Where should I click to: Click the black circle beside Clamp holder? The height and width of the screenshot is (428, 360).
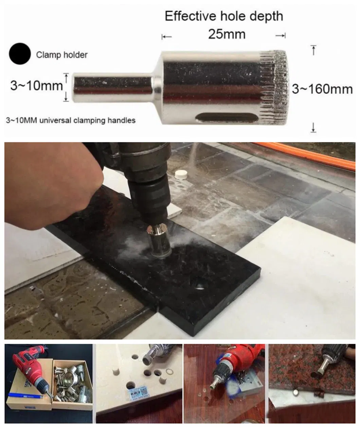pyautogui.click(x=20, y=54)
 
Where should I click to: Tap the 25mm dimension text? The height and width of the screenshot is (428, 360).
pyautogui.click(x=227, y=34)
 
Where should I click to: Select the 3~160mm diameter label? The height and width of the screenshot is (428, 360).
pyautogui.click(x=322, y=89)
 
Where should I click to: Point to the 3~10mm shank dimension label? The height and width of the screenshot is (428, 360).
pyautogui.click(x=36, y=86)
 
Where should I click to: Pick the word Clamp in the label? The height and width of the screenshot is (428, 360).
pyautogui.click(x=48, y=55)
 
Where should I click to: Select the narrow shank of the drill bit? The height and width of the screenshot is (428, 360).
pyautogui.click(x=113, y=88)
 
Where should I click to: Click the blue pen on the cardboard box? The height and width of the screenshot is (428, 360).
pyautogui.click(x=25, y=395)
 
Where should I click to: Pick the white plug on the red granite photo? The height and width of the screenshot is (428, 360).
pyautogui.click(x=295, y=393)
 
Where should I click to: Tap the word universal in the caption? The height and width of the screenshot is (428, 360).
pyautogui.click(x=55, y=120)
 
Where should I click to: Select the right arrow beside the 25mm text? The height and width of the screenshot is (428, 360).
pyautogui.click(x=281, y=36)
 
